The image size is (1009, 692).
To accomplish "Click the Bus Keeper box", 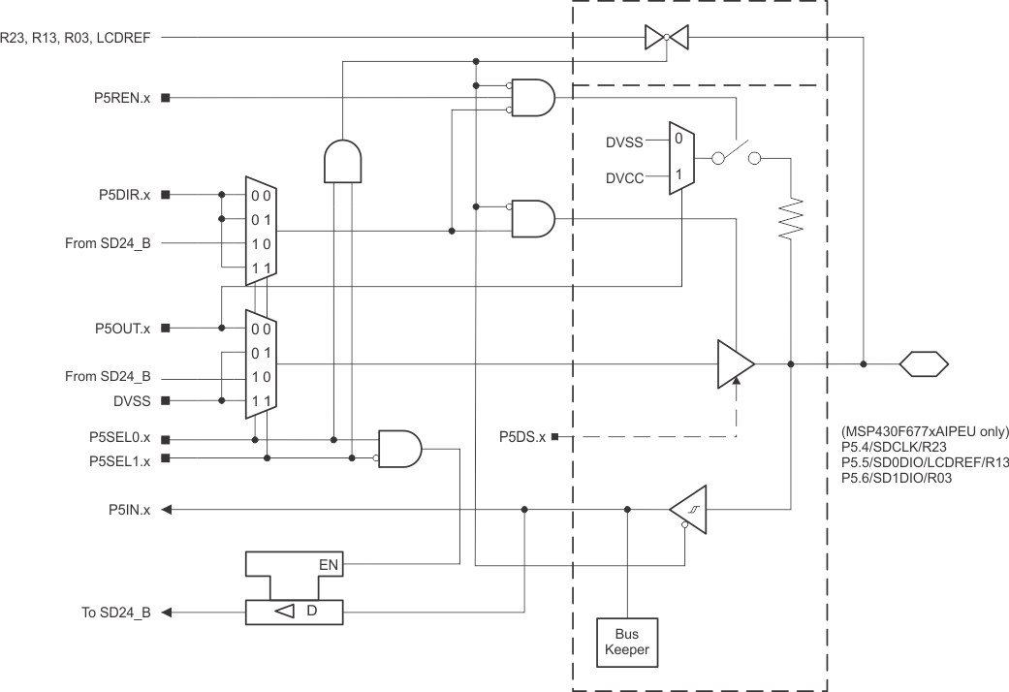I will pos(627,642).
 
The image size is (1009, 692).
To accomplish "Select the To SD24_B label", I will pos(115,613).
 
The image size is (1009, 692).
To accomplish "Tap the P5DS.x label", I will pos(523,437).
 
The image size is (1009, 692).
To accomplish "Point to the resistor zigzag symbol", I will pos(792,218).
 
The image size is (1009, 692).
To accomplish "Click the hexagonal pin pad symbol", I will pos(924,364).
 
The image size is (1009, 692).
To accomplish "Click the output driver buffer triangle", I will pos(735,363).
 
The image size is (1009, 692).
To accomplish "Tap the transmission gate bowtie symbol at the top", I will pos(667,37).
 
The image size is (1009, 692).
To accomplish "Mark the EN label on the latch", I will pos(330,562).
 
